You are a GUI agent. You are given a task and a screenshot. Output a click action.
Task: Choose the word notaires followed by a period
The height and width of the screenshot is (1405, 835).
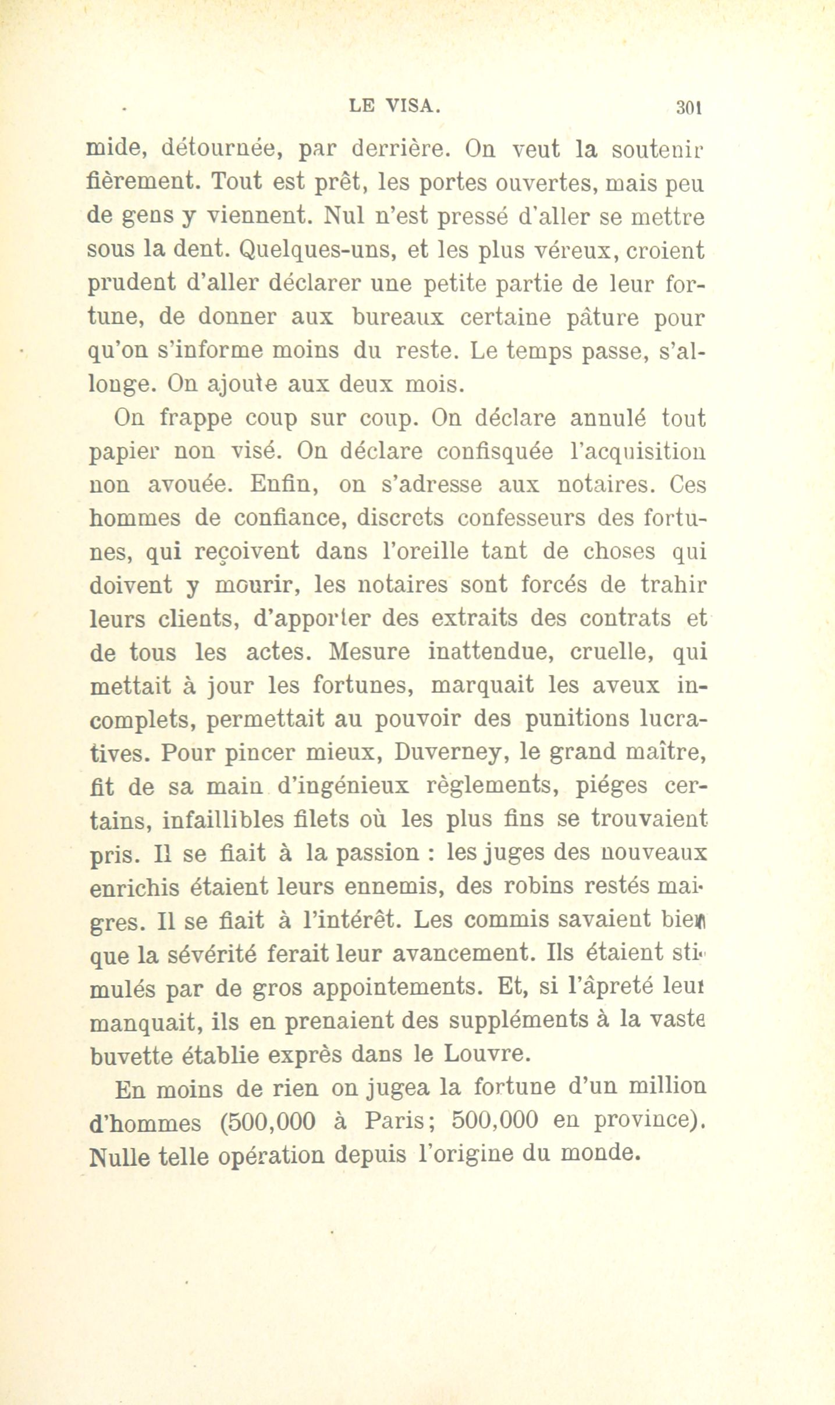pyautogui.click(x=606, y=483)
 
